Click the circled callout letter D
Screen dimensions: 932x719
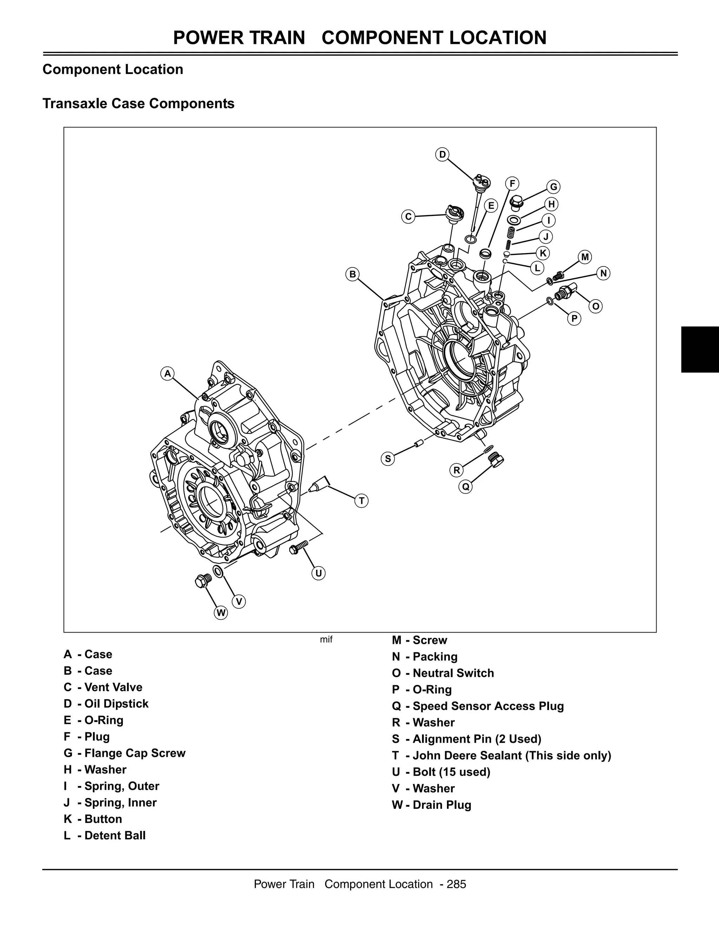[442, 154]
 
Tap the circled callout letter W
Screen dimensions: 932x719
[220, 613]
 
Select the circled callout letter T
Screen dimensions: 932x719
[361, 501]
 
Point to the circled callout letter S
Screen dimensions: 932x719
[388, 459]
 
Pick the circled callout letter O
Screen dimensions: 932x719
[596, 306]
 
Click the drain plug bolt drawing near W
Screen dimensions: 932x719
[202, 581]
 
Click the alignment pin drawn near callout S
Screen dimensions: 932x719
[418, 444]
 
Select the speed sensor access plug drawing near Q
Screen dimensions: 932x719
[495, 459]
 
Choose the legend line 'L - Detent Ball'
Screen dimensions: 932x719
[105, 835]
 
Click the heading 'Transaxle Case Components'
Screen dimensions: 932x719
[138, 103]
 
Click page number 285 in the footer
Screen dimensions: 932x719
[456, 884]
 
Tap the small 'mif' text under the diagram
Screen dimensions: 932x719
[326, 640]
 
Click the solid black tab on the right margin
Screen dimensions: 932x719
[700, 350]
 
